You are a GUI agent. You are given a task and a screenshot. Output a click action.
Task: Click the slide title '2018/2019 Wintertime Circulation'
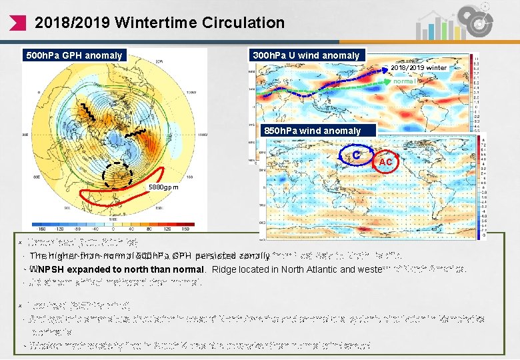pyautogui.click(x=159, y=23)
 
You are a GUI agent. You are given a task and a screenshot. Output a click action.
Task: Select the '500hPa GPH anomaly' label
pyautogui.click(x=74, y=55)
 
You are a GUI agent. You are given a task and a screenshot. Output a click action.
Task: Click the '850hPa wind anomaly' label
pyautogui.click(x=313, y=131)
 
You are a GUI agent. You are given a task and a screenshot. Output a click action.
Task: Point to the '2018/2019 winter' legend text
pyautogui.click(x=419, y=68)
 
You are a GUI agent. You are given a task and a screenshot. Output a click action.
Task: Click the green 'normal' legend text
pyautogui.click(x=405, y=81)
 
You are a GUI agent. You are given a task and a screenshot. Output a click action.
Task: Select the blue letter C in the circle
pyautogui.click(x=357, y=155)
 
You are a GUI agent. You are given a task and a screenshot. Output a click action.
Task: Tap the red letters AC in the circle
pyautogui.click(x=386, y=162)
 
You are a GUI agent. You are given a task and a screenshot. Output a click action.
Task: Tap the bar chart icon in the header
pyautogui.click(x=433, y=27)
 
